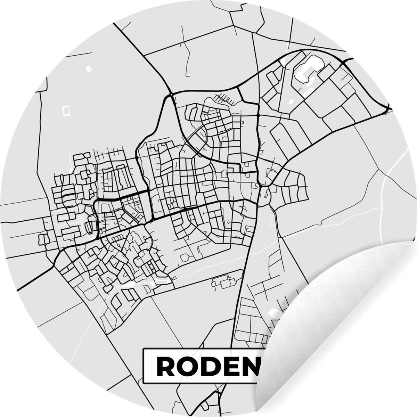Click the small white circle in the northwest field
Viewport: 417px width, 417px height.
coord(88,69)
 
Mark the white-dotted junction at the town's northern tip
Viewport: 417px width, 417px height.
coord(171,95)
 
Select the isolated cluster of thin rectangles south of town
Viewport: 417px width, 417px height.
coord(222,281)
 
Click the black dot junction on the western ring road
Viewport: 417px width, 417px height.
coord(138,157)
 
